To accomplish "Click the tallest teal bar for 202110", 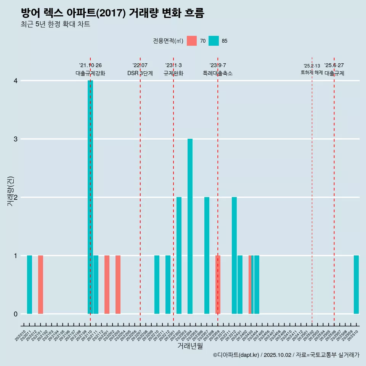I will (x=90, y=197).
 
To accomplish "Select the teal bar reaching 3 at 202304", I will (x=190, y=226).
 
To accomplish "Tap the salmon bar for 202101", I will (x=40, y=284).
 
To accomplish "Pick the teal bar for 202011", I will (x=29, y=284).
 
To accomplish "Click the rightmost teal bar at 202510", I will (x=356, y=284).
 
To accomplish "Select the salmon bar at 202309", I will (x=218, y=284).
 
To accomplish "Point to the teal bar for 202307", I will (x=207, y=255).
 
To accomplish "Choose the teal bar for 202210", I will (x=157, y=284).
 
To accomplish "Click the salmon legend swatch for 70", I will (x=192, y=41).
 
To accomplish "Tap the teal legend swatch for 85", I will (x=214, y=41).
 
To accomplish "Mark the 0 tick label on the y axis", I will (x=16, y=314).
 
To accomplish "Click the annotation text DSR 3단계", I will (x=140, y=74).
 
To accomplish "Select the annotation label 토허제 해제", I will (x=311, y=72).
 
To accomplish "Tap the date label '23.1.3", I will (x=173, y=66).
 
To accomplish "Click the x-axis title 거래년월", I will (x=190, y=346).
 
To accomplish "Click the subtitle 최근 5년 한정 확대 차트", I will (x=56, y=24).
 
